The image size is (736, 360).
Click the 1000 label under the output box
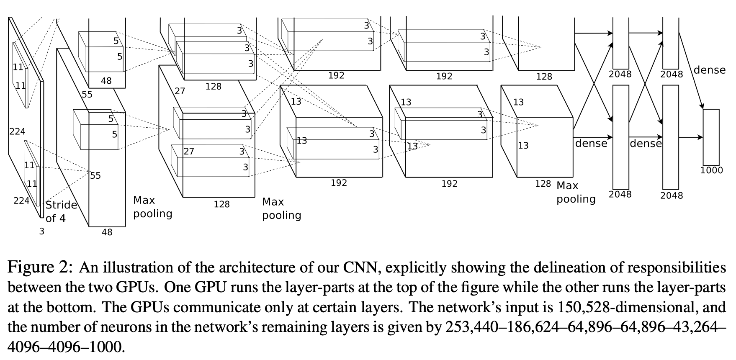click(x=711, y=170)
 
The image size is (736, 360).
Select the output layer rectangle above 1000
click(x=711, y=137)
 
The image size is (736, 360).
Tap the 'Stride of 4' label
click(x=61, y=211)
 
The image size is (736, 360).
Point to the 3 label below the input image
click(x=41, y=231)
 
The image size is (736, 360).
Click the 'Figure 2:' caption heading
click(x=41, y=267)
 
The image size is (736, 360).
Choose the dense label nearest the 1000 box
click(x=709, y=70)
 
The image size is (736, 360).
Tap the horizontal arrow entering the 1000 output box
click(x=690, y=137)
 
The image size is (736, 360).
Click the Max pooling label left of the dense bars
click(x=576, y=192)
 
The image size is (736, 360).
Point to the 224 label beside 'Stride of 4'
click(x=21, y=201)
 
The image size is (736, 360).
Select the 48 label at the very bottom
click(x=107, y=232)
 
